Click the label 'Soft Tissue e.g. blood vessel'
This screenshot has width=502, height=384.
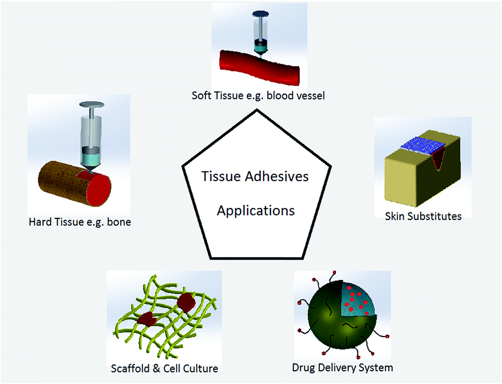point(258,95)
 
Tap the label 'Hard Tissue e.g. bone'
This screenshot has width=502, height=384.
point(80,222)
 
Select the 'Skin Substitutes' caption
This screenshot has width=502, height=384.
point(423,216)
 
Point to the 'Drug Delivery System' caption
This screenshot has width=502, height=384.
point(342,368)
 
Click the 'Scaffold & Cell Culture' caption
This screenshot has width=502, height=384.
point(164,369)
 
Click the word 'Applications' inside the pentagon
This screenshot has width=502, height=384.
point(256,210)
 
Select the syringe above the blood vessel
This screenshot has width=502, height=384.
point(262,31)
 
